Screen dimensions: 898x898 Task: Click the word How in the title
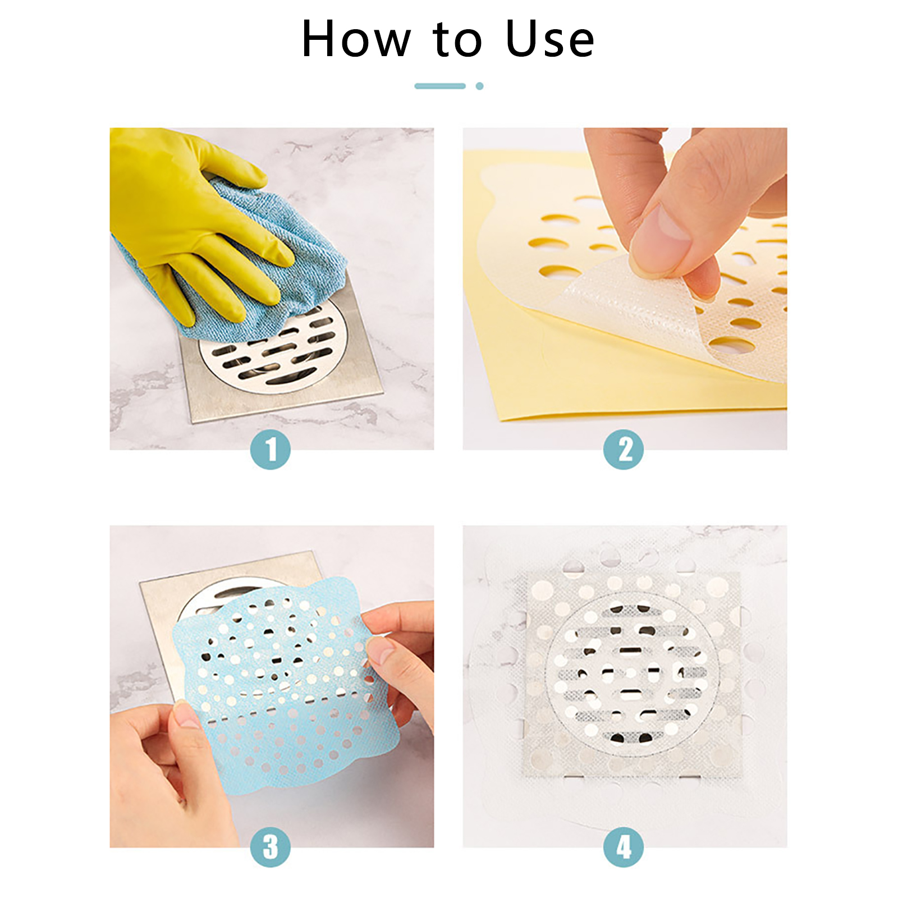click(x=356, y=39)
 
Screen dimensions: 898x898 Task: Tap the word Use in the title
click(x=549, y=39)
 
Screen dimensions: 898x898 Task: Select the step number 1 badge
click(x=271, y=450)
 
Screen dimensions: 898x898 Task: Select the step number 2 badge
click(x=624, y=450)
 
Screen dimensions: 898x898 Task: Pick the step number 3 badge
click(x=271, y=847)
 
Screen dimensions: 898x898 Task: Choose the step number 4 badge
click(x=624, y=847)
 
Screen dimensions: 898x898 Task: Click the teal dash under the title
click(x=440, y=86)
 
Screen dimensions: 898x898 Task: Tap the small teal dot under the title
click(x=479, y=86)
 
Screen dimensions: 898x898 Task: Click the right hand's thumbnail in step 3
click(x=381, y=651)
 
